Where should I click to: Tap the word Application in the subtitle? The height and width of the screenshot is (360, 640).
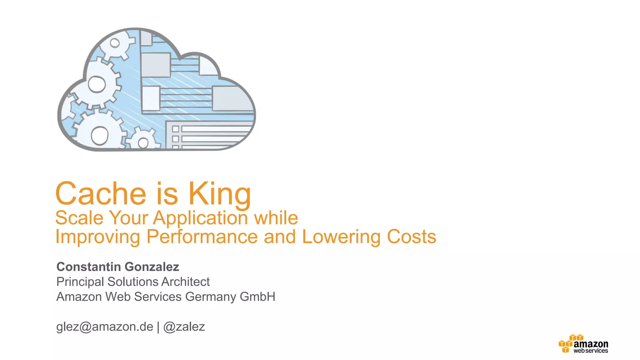pyautogui.click(x=200, y=218)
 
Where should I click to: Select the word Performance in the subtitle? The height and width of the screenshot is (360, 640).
pyautogui.click(x=202, y=237)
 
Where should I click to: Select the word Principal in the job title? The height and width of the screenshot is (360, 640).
pyautogui.click(x=80, y=282)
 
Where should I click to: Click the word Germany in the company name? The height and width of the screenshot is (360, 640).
pyautogui.click(x=211, y=297)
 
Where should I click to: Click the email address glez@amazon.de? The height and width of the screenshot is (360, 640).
pyautogui.click(x=105, y=327)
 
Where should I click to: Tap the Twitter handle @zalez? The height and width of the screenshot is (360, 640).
pyautogui.click(x=184, y=327)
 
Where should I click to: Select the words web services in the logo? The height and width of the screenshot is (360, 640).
pyautogui.click(x=591, y=351)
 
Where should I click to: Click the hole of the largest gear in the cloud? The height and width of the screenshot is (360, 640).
pyautogui.click(x=99, y=135)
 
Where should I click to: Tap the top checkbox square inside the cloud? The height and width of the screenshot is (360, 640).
pyautogui.click(x=176, y=129)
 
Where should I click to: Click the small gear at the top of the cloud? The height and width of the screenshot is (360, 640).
pyautogui.click(x=115, y=43)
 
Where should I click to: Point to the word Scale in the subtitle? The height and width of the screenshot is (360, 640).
pyautogui.click(x=79, y=218)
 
